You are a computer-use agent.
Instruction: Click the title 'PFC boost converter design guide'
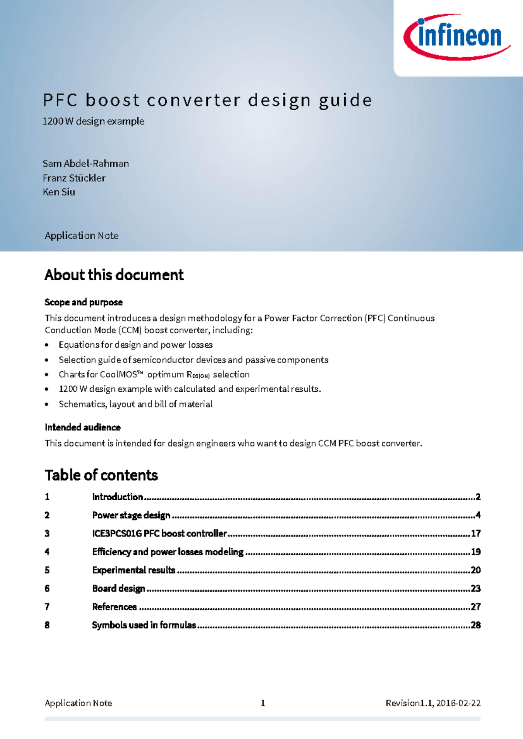[207, 100]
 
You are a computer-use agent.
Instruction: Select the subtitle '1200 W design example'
[93, 121]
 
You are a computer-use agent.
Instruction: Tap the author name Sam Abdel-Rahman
[86, 164]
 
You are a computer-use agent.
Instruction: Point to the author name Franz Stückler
[74, 178]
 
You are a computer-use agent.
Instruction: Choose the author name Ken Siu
[59, 192]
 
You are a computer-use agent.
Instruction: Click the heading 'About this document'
[114, 275]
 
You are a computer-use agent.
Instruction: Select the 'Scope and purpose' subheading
[84, 302]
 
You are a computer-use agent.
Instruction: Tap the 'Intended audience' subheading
[83, 427]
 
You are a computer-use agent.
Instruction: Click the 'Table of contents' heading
[101, 475]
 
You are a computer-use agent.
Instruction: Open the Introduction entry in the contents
[118, 497]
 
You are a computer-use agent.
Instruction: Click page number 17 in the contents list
[475, 533]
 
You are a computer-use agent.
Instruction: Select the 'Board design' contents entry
[119, 588]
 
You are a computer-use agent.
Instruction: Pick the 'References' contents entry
[115, 607]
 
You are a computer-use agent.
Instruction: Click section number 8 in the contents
[47, 625]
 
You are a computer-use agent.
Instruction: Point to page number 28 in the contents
[475, 625]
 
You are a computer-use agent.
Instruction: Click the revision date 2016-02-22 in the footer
[458, 703]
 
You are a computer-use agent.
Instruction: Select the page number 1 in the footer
[263, 703]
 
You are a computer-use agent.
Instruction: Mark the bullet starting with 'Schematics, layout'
[136, 404]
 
